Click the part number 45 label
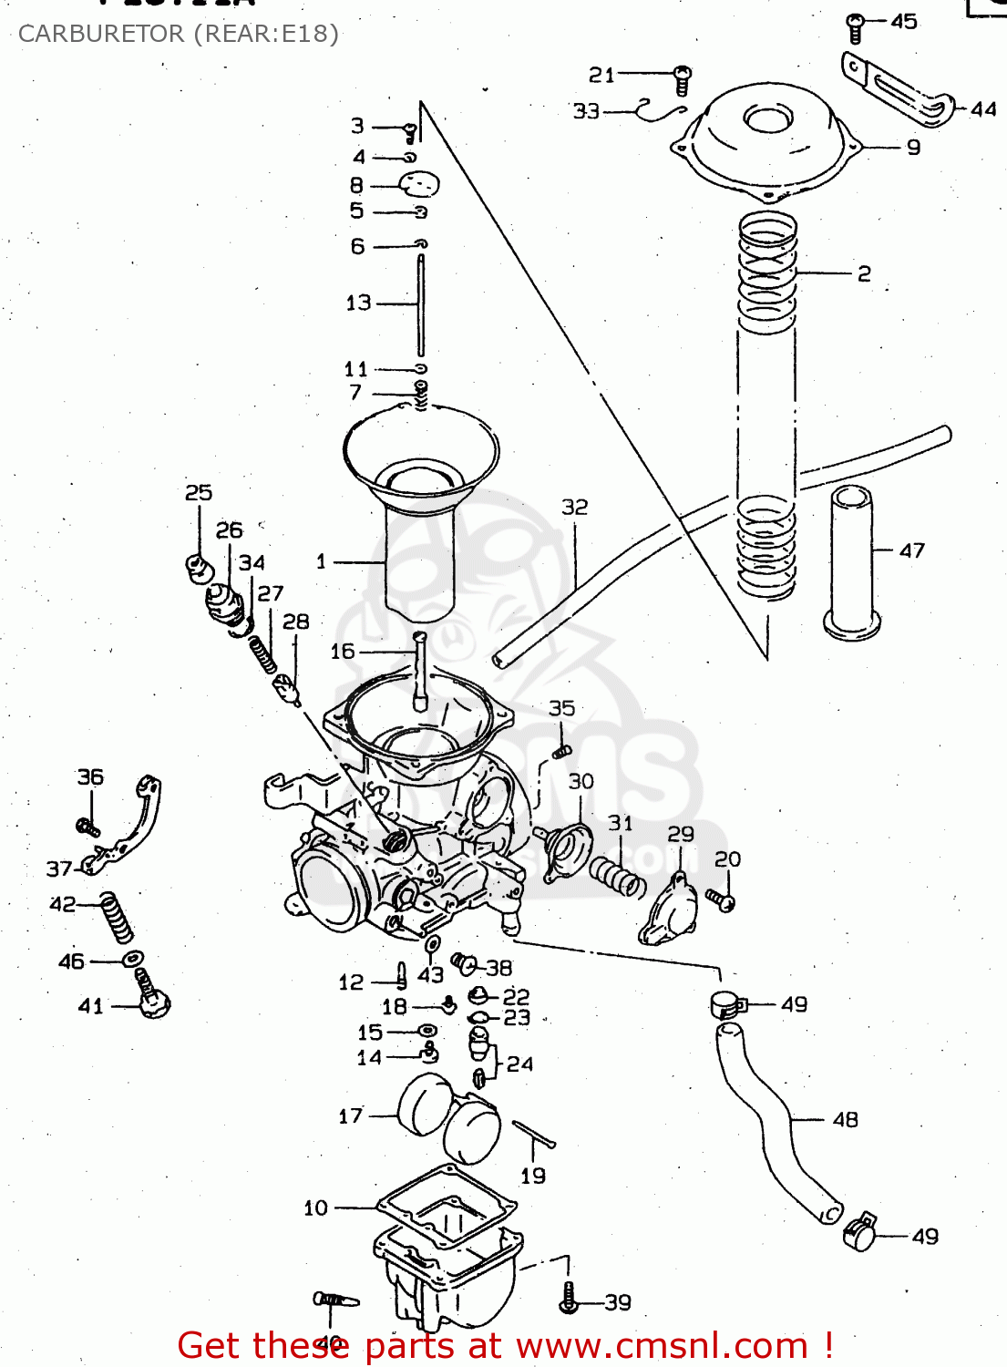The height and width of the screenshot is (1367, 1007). pyautogui.click(x=903, y=21)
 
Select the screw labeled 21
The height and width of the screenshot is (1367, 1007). pyautogui.click(x=682, y=79)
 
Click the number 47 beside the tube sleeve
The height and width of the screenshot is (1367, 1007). pyautogui.click(x=911, y=550)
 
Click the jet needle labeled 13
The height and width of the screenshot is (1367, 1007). pyautogui.click(x=421, y=305)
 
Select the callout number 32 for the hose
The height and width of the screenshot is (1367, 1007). pyautogui.click(x=574, y=507)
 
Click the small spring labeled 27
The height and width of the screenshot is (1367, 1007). pyautogui.click(x=262, y=653)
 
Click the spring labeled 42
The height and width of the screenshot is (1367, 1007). pyautogui.click(x=117, y=916)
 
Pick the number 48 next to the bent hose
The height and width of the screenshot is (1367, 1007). pyautogui.click(x=845, y=1119)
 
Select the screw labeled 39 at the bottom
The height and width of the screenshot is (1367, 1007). pyautogui.click(x=569, y=1298)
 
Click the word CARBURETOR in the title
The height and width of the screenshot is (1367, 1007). pyautogui.click(x=101, y=34)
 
